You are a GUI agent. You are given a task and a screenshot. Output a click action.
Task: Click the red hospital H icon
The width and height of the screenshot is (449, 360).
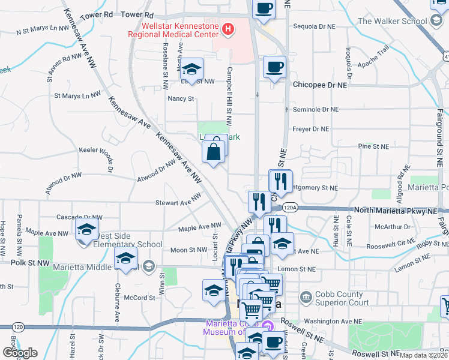click(x=228, y=29)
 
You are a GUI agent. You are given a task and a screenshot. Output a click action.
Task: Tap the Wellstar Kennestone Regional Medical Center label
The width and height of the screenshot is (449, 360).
click(x=175, y=30)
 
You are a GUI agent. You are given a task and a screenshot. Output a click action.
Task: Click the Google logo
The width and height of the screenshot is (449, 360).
click(x=20, y=352)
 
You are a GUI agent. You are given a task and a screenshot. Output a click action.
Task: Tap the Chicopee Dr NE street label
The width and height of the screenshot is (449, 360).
click(x=321, y=85)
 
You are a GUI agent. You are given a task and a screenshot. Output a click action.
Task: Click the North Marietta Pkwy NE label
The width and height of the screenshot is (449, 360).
click(x=396, y=211)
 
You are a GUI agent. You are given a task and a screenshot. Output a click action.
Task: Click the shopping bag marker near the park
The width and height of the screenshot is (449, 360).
click(x=214, y=152)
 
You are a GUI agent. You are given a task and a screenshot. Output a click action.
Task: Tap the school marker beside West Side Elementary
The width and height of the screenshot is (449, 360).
click(x=86, y=230)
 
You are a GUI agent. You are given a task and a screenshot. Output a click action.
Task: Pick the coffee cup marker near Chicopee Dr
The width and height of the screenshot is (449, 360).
click(x=275, y=67)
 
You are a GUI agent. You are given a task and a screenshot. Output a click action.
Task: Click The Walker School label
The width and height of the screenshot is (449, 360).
click(x=393, y=21)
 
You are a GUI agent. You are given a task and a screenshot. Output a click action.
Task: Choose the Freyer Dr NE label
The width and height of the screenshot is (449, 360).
click(x=311, y=129)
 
